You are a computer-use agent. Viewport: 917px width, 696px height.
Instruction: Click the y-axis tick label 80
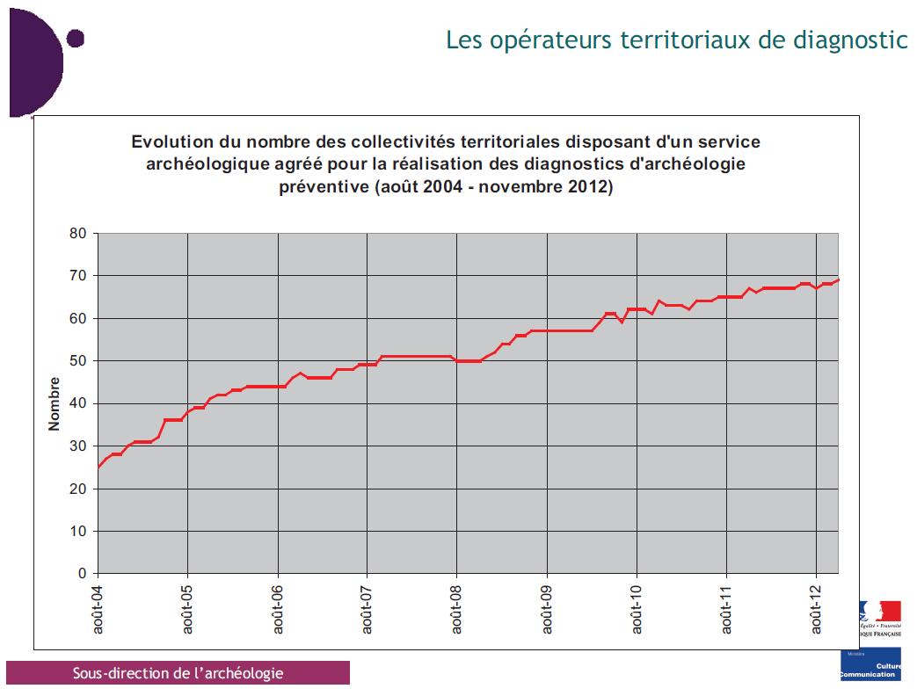point(78,234)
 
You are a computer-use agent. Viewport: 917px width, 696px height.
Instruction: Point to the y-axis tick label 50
point(78,361)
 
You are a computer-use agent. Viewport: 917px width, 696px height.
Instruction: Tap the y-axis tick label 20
point(78,489)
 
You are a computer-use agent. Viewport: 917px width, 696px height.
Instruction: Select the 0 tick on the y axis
point(82,574)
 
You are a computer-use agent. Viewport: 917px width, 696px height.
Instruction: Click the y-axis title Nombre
point(55,403)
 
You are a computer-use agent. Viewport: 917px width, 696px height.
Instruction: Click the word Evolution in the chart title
point(171,141)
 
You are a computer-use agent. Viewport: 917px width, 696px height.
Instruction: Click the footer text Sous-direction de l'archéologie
point(178,673)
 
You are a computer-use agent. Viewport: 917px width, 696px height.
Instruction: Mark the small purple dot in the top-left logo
point(75,38)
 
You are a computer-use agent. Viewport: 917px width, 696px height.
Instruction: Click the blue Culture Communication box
point(870,666)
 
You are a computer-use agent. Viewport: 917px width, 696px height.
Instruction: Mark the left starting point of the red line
point(98,468)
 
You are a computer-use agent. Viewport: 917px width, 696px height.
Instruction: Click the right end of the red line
point(838,280)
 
